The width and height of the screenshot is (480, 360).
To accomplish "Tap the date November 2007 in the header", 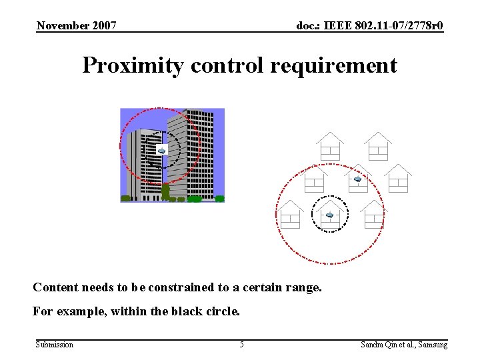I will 77,26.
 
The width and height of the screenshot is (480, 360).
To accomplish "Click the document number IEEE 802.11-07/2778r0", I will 385,26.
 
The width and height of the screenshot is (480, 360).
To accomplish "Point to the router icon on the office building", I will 161,149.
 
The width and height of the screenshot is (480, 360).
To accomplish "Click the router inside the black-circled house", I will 329,215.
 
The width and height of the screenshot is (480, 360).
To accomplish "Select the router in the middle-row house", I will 357,179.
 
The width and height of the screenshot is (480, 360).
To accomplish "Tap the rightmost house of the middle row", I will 398,179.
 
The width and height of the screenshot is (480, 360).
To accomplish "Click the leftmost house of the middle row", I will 314,179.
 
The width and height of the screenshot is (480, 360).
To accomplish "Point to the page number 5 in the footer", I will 241,345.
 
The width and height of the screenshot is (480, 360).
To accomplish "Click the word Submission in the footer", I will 55,345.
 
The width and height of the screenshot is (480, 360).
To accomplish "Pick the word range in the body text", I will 304,288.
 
